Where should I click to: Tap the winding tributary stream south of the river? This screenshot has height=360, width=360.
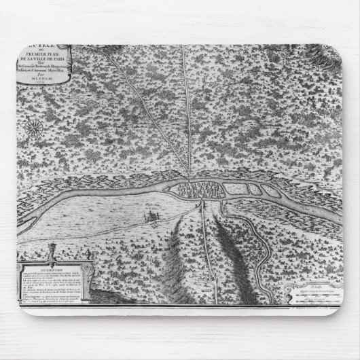click(x=251, y=231)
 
